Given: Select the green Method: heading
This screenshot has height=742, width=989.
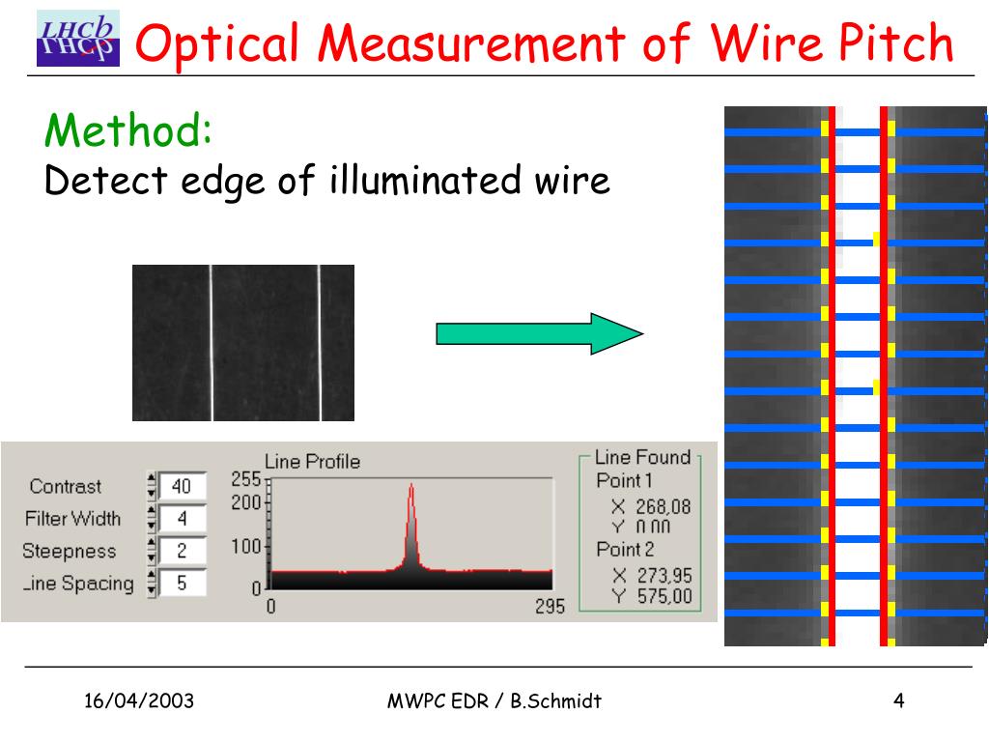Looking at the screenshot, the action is coord(128,130).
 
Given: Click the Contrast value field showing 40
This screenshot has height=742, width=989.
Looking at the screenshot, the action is coord(182,486).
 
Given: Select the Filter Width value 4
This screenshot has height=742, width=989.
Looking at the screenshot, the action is coord(182,519).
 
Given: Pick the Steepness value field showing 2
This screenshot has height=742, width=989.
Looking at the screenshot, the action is coord(182,551).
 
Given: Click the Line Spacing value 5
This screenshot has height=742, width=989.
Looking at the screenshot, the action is coord(182,583).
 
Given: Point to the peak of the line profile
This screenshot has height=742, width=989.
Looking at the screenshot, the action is coord(411,486).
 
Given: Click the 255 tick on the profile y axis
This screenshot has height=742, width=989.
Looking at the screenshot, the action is coord(246,478).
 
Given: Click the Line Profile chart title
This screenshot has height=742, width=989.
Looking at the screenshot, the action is coord(312,462).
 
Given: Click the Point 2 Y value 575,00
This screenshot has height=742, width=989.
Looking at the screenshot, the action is coord(664,596).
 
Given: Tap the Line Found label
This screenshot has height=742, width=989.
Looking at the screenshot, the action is coord(642,458).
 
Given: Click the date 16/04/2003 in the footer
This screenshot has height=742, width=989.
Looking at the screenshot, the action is coord(138,701).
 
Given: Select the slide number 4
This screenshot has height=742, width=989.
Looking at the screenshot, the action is coord(898,701).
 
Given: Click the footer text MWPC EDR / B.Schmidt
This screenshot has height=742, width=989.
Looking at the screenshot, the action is coord(494,701).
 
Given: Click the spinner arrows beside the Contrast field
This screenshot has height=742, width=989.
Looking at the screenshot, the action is coord(151,486).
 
